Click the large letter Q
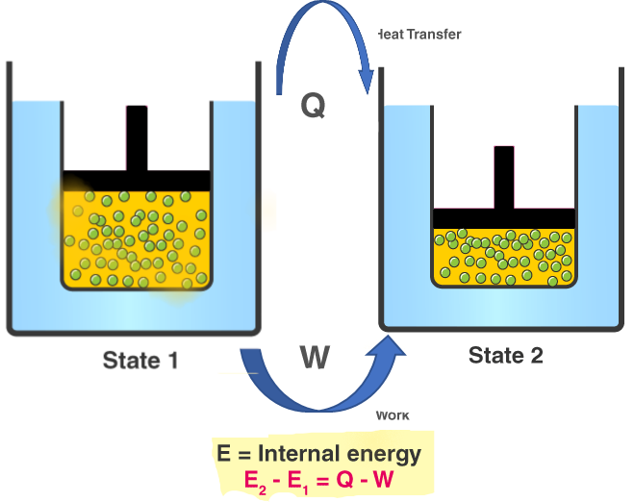(x=313, y=104)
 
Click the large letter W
(x=315, y=358)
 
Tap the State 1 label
(x=140, y=362)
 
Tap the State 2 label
(x=506, y=356)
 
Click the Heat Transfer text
(x=418, y=35)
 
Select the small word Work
(x=392, y=415)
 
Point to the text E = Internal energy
(x=318, y=453)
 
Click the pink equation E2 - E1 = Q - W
(x=318, y=479)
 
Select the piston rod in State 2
(x=504, y=177)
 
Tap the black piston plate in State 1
(x=137, y=180)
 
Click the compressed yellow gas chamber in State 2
(x=504, y=257)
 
